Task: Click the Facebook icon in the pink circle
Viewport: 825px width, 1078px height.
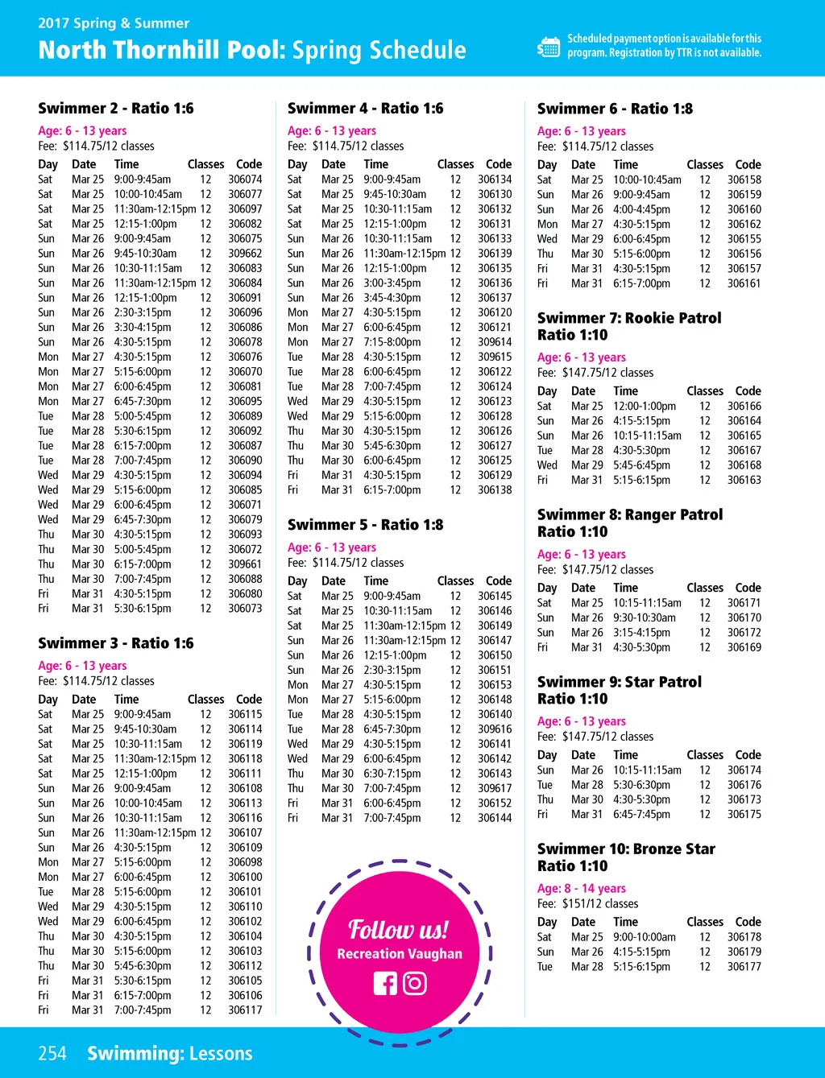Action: (385, 983)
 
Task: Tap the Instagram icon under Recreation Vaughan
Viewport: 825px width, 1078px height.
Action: (415, 983)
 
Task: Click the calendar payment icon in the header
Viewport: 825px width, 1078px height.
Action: (549, 47)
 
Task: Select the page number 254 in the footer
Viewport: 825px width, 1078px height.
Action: (52, 1053)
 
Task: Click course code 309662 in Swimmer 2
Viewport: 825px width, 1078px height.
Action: (245, 253)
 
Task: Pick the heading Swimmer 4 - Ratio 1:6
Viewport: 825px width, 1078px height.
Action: (365, 108)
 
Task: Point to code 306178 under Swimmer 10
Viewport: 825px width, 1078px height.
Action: (744, 937)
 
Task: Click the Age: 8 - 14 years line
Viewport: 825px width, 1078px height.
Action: (581, 888)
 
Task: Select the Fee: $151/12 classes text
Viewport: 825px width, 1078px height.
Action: (587, 903)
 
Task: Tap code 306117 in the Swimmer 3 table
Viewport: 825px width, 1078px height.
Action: (245, 1010)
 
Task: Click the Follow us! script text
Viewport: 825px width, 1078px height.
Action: (398, 930)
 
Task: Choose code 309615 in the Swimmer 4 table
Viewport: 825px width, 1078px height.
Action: (495, 357)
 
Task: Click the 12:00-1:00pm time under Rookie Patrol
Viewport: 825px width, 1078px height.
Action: (645, 406)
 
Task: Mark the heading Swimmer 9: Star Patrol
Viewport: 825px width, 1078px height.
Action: (619, 682)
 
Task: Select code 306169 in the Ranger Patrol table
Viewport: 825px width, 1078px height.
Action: (744, 647)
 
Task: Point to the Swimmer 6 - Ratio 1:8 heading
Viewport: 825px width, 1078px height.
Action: (615, 109)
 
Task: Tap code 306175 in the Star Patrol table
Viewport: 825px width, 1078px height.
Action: (744, 814)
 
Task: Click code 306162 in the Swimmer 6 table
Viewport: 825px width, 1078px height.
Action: (744, 224)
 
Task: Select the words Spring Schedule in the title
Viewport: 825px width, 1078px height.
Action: (379, 50)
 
